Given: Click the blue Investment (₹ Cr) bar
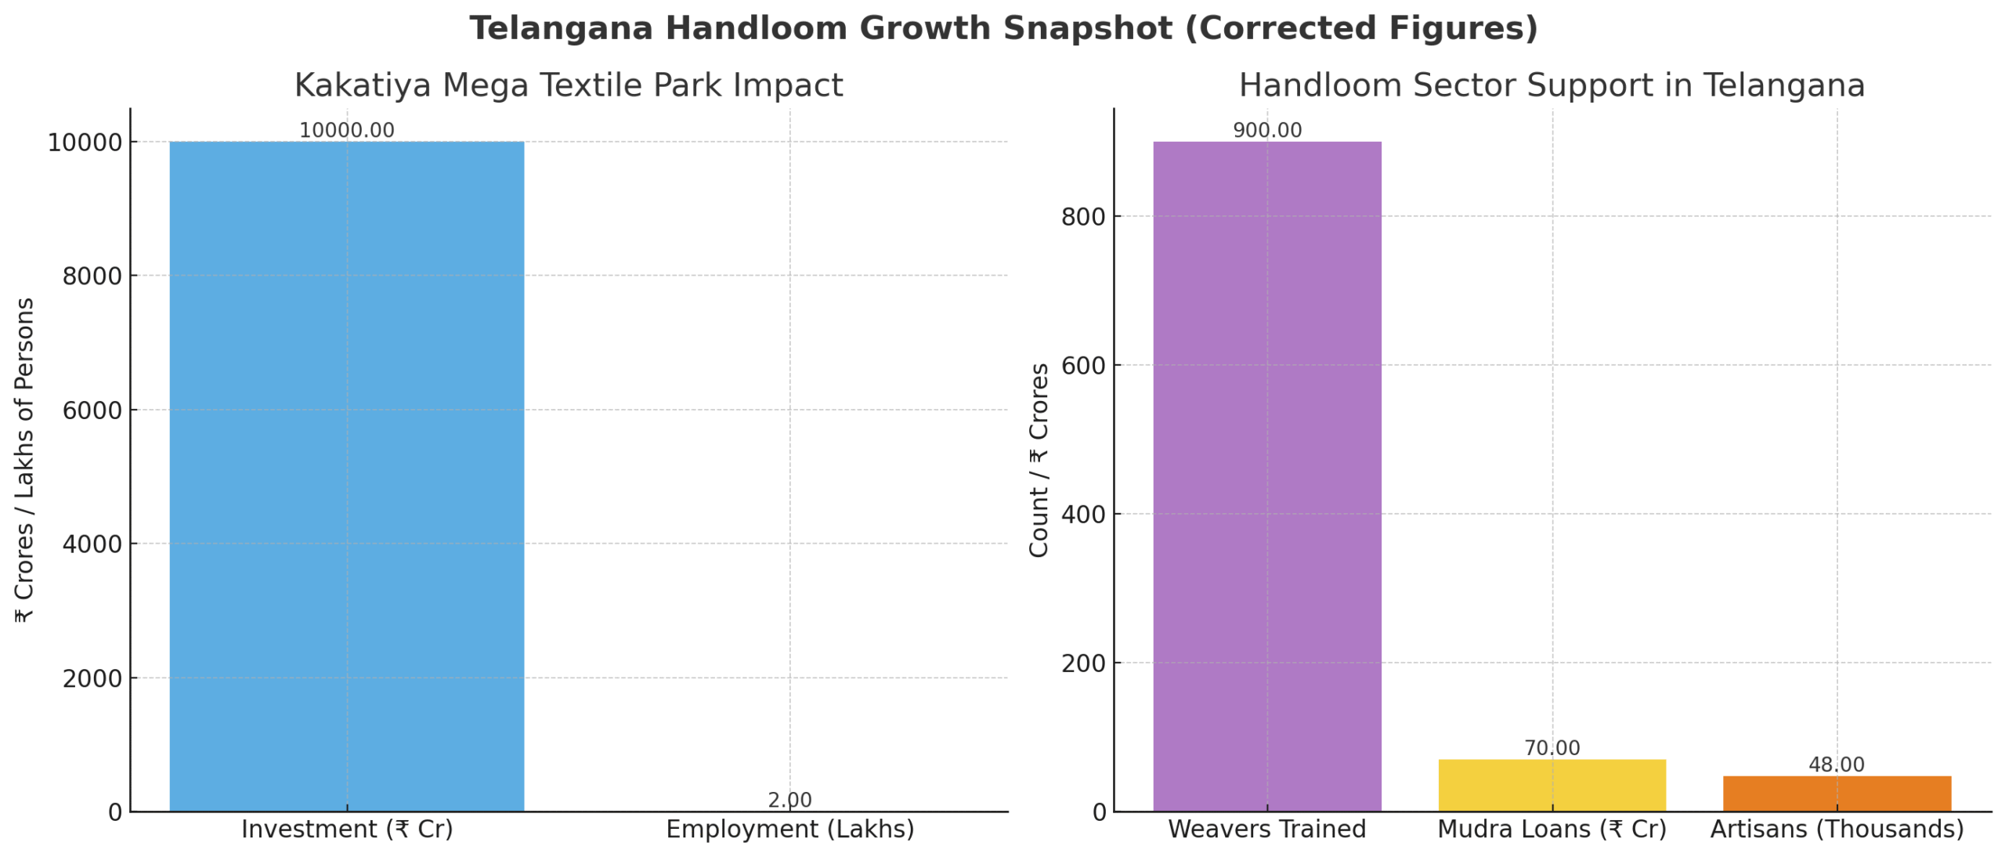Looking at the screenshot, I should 346,476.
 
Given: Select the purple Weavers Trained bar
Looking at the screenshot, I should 1266,476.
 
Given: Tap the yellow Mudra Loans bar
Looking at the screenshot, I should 1552,784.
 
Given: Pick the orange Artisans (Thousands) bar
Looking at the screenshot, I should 1836,793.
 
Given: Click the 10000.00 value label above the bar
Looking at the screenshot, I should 346,130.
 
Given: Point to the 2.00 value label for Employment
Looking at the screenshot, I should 789,800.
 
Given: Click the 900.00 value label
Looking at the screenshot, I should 1266,130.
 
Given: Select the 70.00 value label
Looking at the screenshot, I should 1552,747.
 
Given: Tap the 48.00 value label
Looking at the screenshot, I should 1836,764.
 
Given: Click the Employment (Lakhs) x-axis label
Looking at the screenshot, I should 789,829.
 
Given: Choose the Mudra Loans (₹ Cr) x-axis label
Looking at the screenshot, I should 1552,829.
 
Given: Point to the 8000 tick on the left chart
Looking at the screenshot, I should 92,276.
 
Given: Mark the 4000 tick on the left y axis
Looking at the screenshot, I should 92,544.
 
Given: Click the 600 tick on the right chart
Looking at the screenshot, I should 1083,365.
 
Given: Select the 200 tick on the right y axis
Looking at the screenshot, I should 1083,663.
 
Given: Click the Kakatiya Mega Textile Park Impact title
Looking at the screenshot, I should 569,85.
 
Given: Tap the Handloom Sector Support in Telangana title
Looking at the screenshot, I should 1552,85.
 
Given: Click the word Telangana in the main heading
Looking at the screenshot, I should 561,28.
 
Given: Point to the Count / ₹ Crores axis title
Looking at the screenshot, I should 1039,460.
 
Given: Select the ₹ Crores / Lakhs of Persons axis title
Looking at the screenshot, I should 24,460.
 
